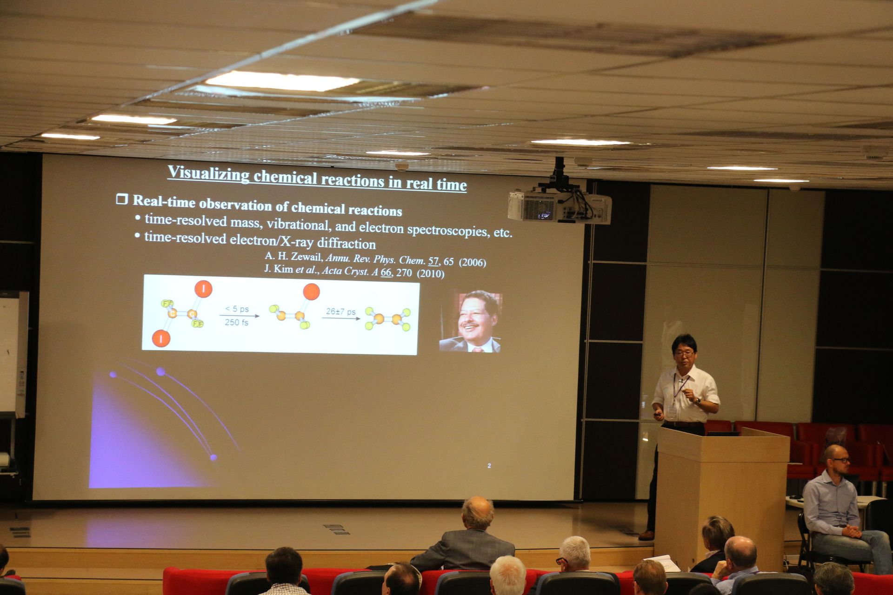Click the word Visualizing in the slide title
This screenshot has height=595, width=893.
(x=208, y=174)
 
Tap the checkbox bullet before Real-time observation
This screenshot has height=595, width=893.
(x=122, y=199)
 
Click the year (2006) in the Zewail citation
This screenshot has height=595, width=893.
(x=473, y=263)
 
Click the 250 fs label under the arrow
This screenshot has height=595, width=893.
(x=236, y=322)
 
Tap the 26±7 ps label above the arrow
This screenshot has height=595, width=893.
(x=340, y=311)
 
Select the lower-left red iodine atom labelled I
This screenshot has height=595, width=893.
(x=161, y=339)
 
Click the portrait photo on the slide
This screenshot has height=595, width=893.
(x=470, y=321)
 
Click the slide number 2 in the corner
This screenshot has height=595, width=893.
(x=489, y=466)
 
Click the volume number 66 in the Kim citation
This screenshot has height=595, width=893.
(x=386, y=272)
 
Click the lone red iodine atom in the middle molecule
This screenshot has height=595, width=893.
(x=311, y=292)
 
